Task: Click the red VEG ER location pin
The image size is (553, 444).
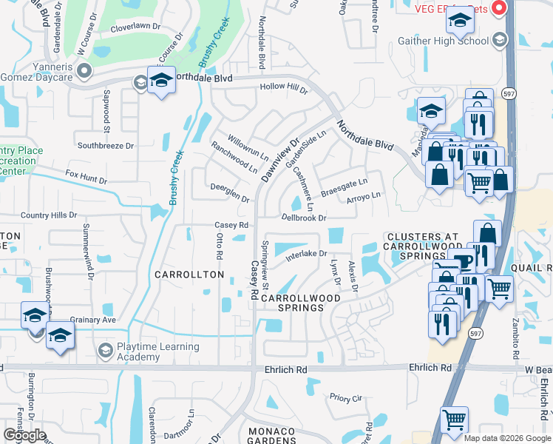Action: pyautogui.click(x=498, y=8)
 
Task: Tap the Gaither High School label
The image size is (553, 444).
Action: pyautogui.click(x=453, y=41)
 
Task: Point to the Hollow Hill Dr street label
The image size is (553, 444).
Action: pyautogui.click(x=282, y=89)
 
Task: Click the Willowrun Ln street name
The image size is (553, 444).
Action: pyautogui.click(x=248, y=148)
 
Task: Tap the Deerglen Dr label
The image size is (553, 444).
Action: pyautogui.click(x=230, y=193)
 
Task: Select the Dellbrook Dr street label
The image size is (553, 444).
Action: pyautogui.click(x=303, y=218)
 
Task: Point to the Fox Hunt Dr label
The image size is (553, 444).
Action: pyautogui.click(x=86, y=178)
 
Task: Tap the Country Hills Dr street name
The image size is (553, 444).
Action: pyautogui.click(x=49, y=215)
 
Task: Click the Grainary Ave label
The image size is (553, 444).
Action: pyautogui.click(x=93, y=320)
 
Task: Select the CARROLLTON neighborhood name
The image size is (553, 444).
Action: pyautogui.click(x=189, y=275)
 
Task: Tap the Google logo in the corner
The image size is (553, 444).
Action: pyautogui.click(x=24, y=434)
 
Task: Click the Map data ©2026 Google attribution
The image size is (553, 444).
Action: pyautogui.click(x=506, y=437)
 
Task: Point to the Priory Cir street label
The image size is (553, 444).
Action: pyautogui.click(x=345, y=397)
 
